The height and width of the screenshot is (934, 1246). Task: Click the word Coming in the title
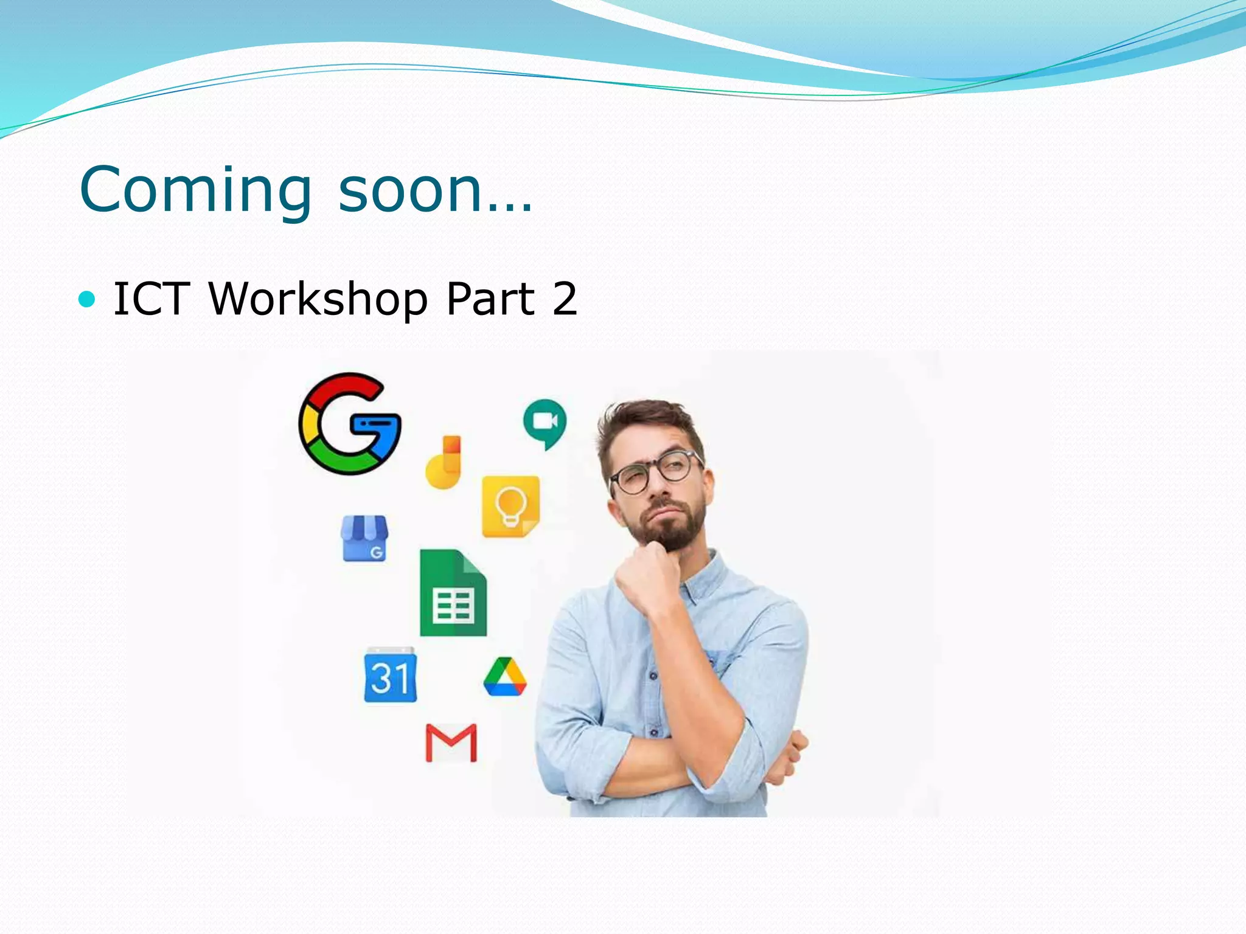(195, 191)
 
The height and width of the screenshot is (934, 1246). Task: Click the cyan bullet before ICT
(88, 299)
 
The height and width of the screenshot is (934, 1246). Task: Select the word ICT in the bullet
(151, 299)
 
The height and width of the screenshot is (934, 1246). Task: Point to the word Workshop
(319, 299)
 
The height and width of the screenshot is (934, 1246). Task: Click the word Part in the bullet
(490, 299)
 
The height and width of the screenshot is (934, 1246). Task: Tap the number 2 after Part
(565, 299)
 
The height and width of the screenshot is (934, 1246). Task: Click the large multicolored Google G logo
(350, 424)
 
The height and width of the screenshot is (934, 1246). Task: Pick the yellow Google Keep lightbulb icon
(510, 507)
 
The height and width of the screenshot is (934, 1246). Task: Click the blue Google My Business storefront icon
(364, 538)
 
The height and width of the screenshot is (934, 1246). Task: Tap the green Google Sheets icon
(453, 593)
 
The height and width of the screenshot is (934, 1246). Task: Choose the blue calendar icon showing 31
(390, 675)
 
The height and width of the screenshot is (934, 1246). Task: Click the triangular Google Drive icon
(505, 677)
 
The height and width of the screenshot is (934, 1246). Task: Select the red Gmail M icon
(451, 743)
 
